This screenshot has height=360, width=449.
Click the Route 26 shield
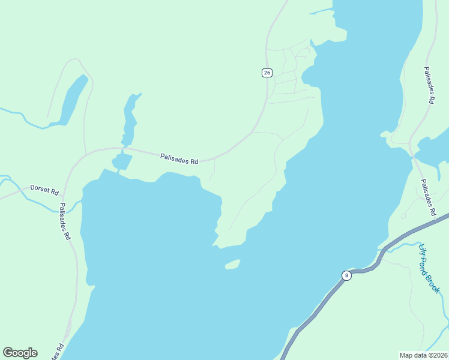(x=267, y=73)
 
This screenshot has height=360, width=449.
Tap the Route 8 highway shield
(x=346, y=275)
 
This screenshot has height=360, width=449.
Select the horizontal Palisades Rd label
(x=179, y=159)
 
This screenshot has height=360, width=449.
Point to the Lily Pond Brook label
(x=429, y=267)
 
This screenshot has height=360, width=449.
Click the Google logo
(x=20, y=353)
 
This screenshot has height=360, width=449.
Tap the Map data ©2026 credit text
(x=423, y=355)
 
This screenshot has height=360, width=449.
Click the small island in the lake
(x=232, y=264)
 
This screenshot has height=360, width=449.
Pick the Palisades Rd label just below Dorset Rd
(x=64, y=221)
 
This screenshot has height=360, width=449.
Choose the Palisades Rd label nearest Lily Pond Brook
(x=427, y=197)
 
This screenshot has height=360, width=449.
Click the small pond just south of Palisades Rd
(x=121, y=161)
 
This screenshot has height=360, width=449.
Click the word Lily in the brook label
(x=422, y=248)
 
